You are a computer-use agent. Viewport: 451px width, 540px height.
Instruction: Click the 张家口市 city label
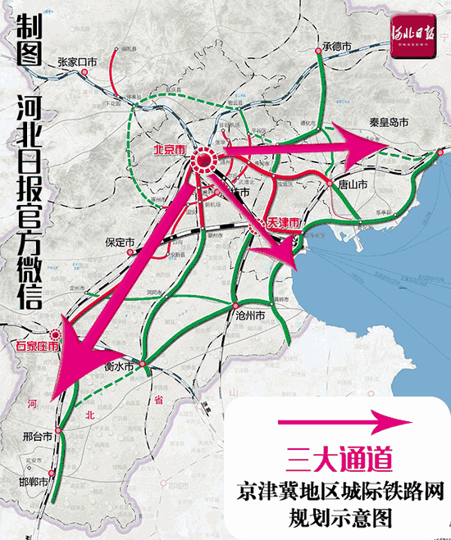(77, 61)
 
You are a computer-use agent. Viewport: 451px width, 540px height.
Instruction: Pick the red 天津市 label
(284, 224)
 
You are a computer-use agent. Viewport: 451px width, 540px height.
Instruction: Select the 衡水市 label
(120, 368)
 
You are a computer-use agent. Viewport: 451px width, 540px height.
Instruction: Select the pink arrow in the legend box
(342, 422)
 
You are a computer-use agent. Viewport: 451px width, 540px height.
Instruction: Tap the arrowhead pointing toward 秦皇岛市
(354, 141)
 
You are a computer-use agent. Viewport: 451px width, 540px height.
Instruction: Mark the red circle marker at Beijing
(203, 160)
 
